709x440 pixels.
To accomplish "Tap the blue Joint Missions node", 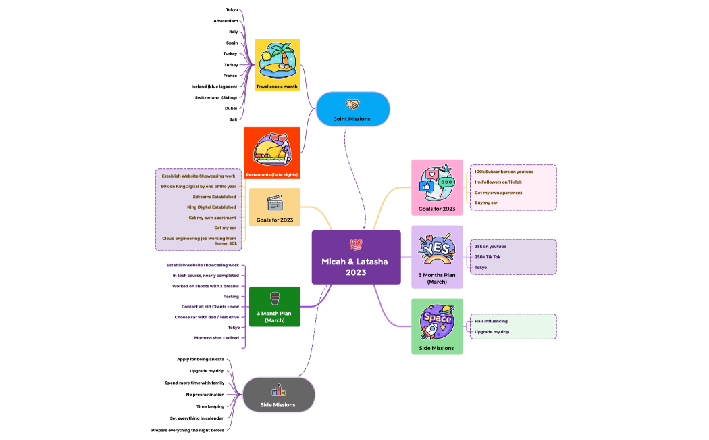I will [x=352, y=109].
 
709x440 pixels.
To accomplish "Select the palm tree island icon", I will [x=277, y=60].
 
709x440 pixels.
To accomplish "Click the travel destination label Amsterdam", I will [x=226, y=21].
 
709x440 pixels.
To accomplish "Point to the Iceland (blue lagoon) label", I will [x=214, y=87].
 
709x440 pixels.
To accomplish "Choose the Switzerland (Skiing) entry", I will [x=215, y=97].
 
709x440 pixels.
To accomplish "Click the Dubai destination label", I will [x=231, y=108].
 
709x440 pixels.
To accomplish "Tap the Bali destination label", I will [x=233, y=119].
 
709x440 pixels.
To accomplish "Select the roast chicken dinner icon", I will [x=272, y=148].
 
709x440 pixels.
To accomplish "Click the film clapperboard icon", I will [x=274, y=203].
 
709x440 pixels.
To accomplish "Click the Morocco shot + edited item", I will [x=216, y=337].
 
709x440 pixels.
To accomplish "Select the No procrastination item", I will [x=205, y=394].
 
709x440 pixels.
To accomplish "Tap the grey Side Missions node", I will [x=278, y=394].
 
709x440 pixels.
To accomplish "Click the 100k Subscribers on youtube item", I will [x=504, y=172].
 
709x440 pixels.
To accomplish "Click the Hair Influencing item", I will [x=491, y=321].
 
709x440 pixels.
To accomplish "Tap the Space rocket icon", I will [x=437, y=321].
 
